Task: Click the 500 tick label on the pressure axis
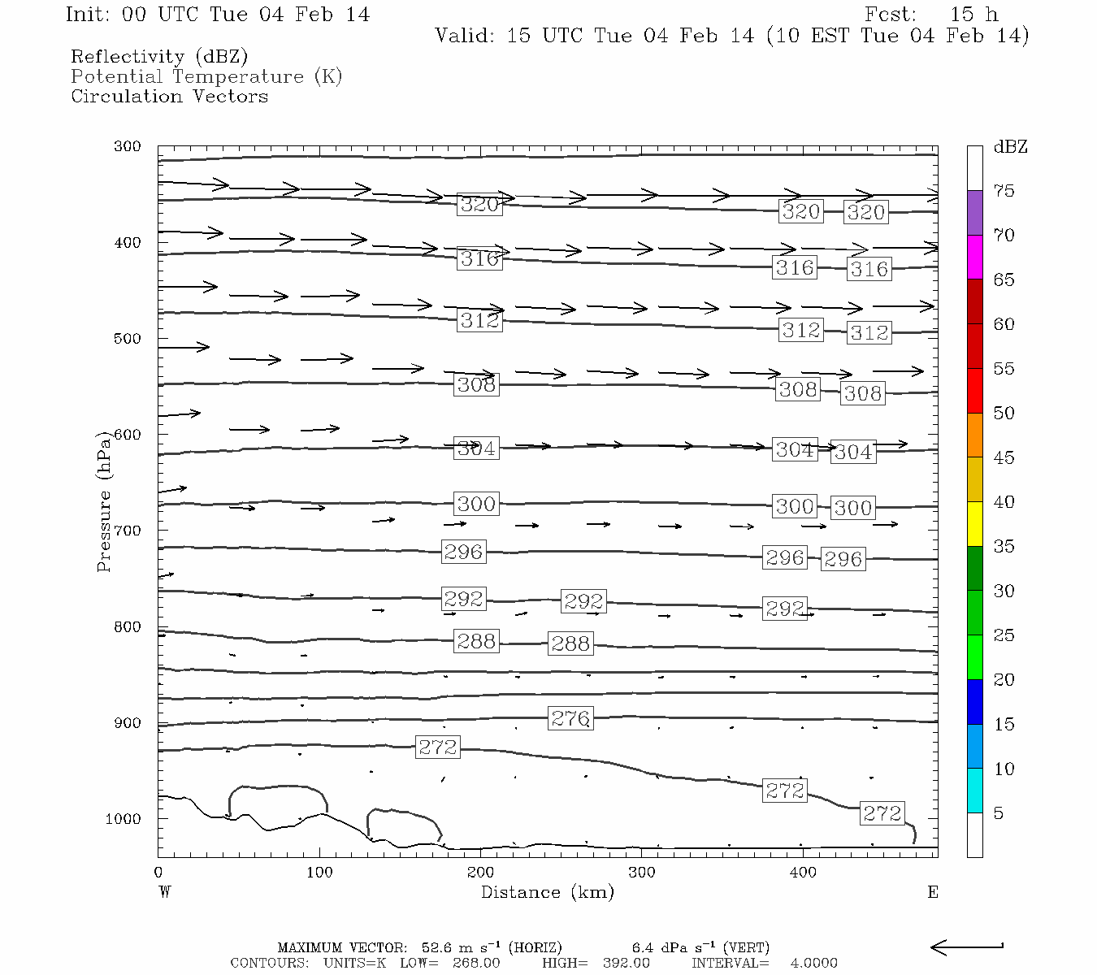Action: point(128,339)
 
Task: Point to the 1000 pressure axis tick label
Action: point(124,819)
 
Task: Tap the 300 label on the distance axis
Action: point(642,873)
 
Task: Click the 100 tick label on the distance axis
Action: point(319,873)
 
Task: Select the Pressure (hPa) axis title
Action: point(104,501)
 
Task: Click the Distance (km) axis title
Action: point(547,892)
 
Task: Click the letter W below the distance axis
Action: point(165,892)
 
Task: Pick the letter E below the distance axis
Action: point(933,892)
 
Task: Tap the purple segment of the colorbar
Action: point(975,213)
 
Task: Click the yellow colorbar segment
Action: point(975,524)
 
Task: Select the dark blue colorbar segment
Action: point(975,702)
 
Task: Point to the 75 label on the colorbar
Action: point(1004,191)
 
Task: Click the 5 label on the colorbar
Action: point(998,813)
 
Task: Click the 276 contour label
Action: point(570,718)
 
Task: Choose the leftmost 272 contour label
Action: point(438,747)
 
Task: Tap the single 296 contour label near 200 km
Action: point(463,552)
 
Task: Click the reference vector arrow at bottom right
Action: point(966,947)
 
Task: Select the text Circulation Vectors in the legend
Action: point(169,96)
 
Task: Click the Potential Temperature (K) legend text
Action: point(206,76)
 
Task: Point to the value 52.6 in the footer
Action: point(437,947)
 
